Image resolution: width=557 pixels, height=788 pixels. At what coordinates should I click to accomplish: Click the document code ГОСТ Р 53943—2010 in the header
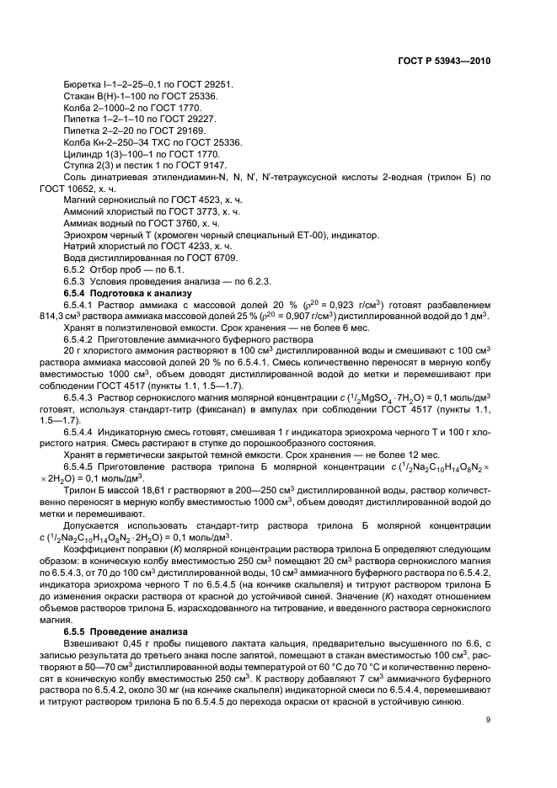click(x=445, y=61)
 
